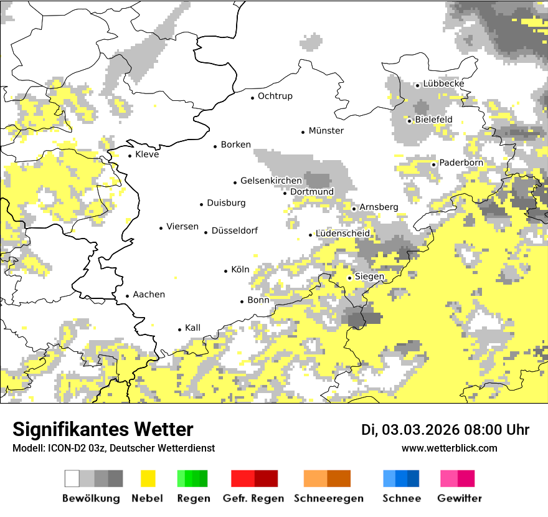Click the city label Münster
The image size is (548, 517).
pyautogui.click(x=326, y=131)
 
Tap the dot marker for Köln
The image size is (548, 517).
pyautogui.click(x=226, y=271)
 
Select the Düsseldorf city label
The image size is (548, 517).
pyautogui.click(x=235, y=231)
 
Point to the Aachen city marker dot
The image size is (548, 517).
pyautogui.click(x=128, y=296)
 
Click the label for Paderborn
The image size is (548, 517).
pyautogui.click(x=461, y=163)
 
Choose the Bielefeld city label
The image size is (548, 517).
pyautogui.click(x=433, y=120)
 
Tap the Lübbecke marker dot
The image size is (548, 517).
pyautogui.click(x=418, y=85)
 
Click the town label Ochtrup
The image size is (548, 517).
pyautogui.click(x=275, y=97)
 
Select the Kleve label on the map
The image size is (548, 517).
pyautogui.click(x=147, y=154)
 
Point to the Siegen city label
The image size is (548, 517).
pyautogui.click(x=369, y=277)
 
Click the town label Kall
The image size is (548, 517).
pyautogui.click(x=192, y=328)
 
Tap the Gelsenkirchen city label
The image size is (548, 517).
pyautogui.click(x=271, y=181)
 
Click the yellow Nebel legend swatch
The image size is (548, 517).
pyautogui.click(x=148, y=478)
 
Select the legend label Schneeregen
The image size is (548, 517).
pyautogui.click(x=329, y=498)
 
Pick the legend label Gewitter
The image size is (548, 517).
pyautogui.click(x=460, y=498)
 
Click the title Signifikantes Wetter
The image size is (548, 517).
pyautogui.click(x=103, y=429)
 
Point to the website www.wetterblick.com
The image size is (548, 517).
pyautogui.click(x=449, y=448)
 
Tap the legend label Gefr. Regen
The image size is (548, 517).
pyautogui.click(x=253, y=498)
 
